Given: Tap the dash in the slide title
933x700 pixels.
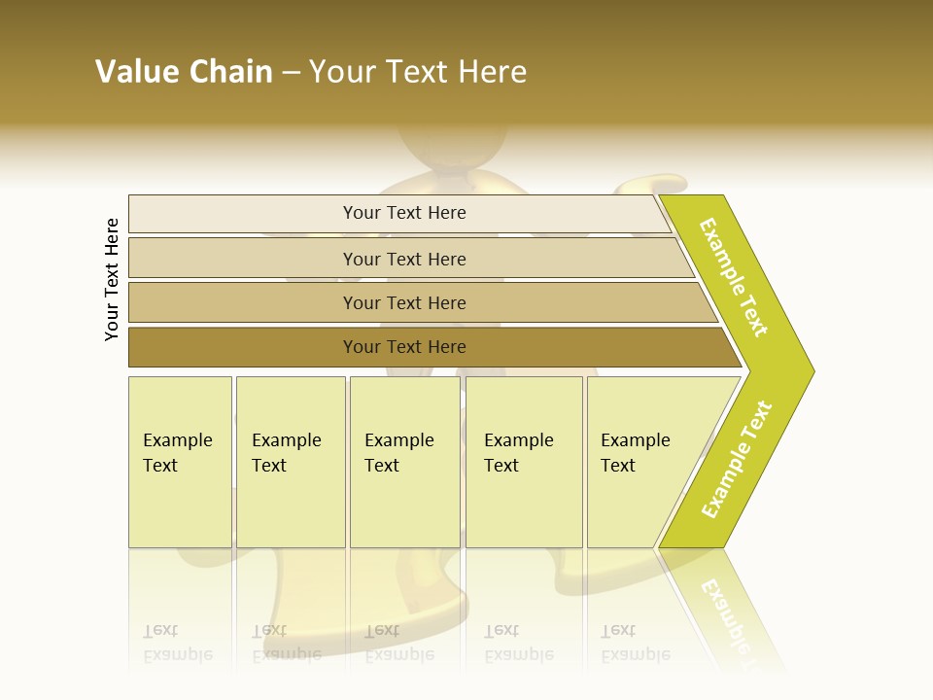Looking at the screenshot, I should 291,73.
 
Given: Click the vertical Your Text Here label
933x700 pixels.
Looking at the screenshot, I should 112,279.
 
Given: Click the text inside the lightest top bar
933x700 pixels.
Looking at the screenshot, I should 404,213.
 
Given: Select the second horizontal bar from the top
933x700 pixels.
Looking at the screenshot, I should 404,259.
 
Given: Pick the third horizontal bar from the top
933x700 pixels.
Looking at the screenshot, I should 404,302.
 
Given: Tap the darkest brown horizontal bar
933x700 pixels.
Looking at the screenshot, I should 404,347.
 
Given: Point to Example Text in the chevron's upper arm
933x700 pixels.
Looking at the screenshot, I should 734,277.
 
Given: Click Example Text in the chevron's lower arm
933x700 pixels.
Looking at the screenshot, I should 737,460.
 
